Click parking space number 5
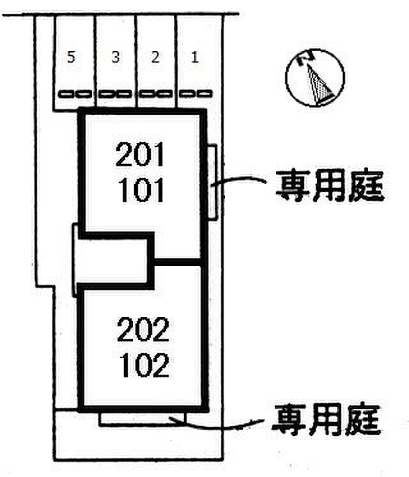(71, 58)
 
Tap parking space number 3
(115, 58)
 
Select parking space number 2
(155, 58)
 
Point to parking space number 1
(194, 58)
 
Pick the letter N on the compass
(307, 60)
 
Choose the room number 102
(143, 366)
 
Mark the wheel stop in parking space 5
(74, 94)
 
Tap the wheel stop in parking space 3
(115, 94)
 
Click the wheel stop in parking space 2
(155, 94)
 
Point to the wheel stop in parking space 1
(194, 94)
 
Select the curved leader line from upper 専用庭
(240, 181)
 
